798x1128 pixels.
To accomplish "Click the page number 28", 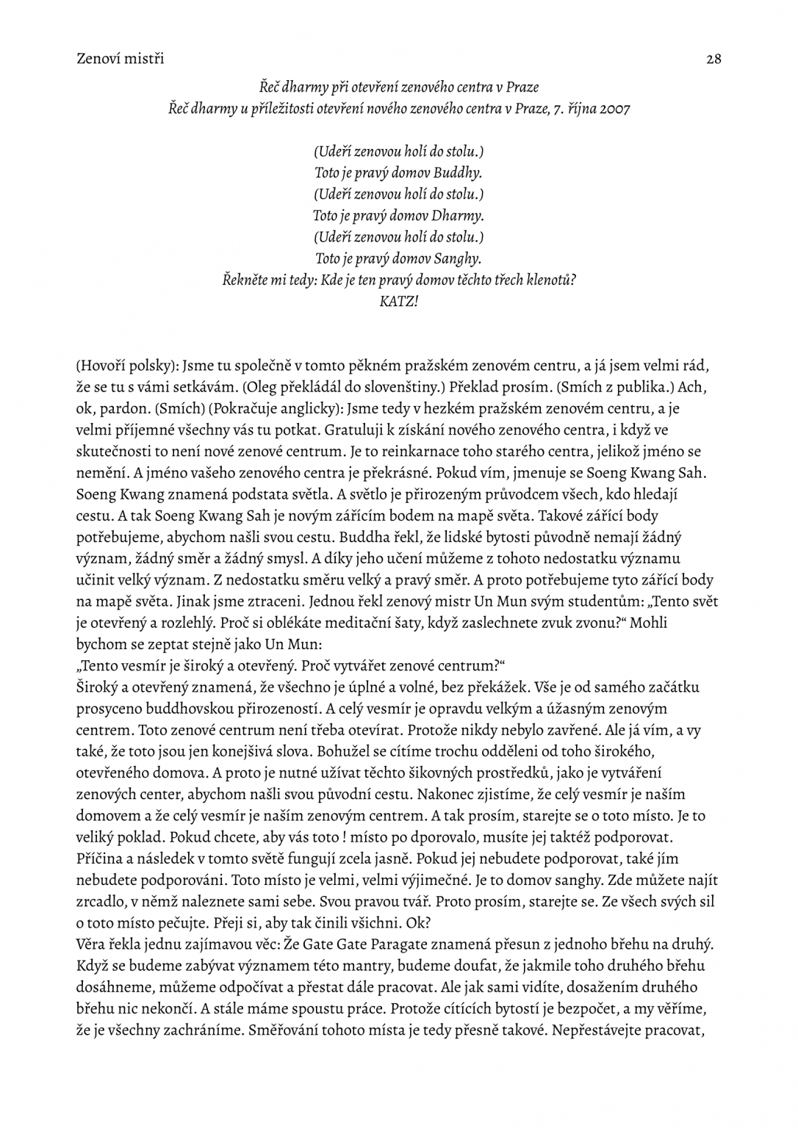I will [713, 59].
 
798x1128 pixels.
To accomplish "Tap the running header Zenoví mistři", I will [120, 59].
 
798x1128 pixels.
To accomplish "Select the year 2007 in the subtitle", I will [614, 109].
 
